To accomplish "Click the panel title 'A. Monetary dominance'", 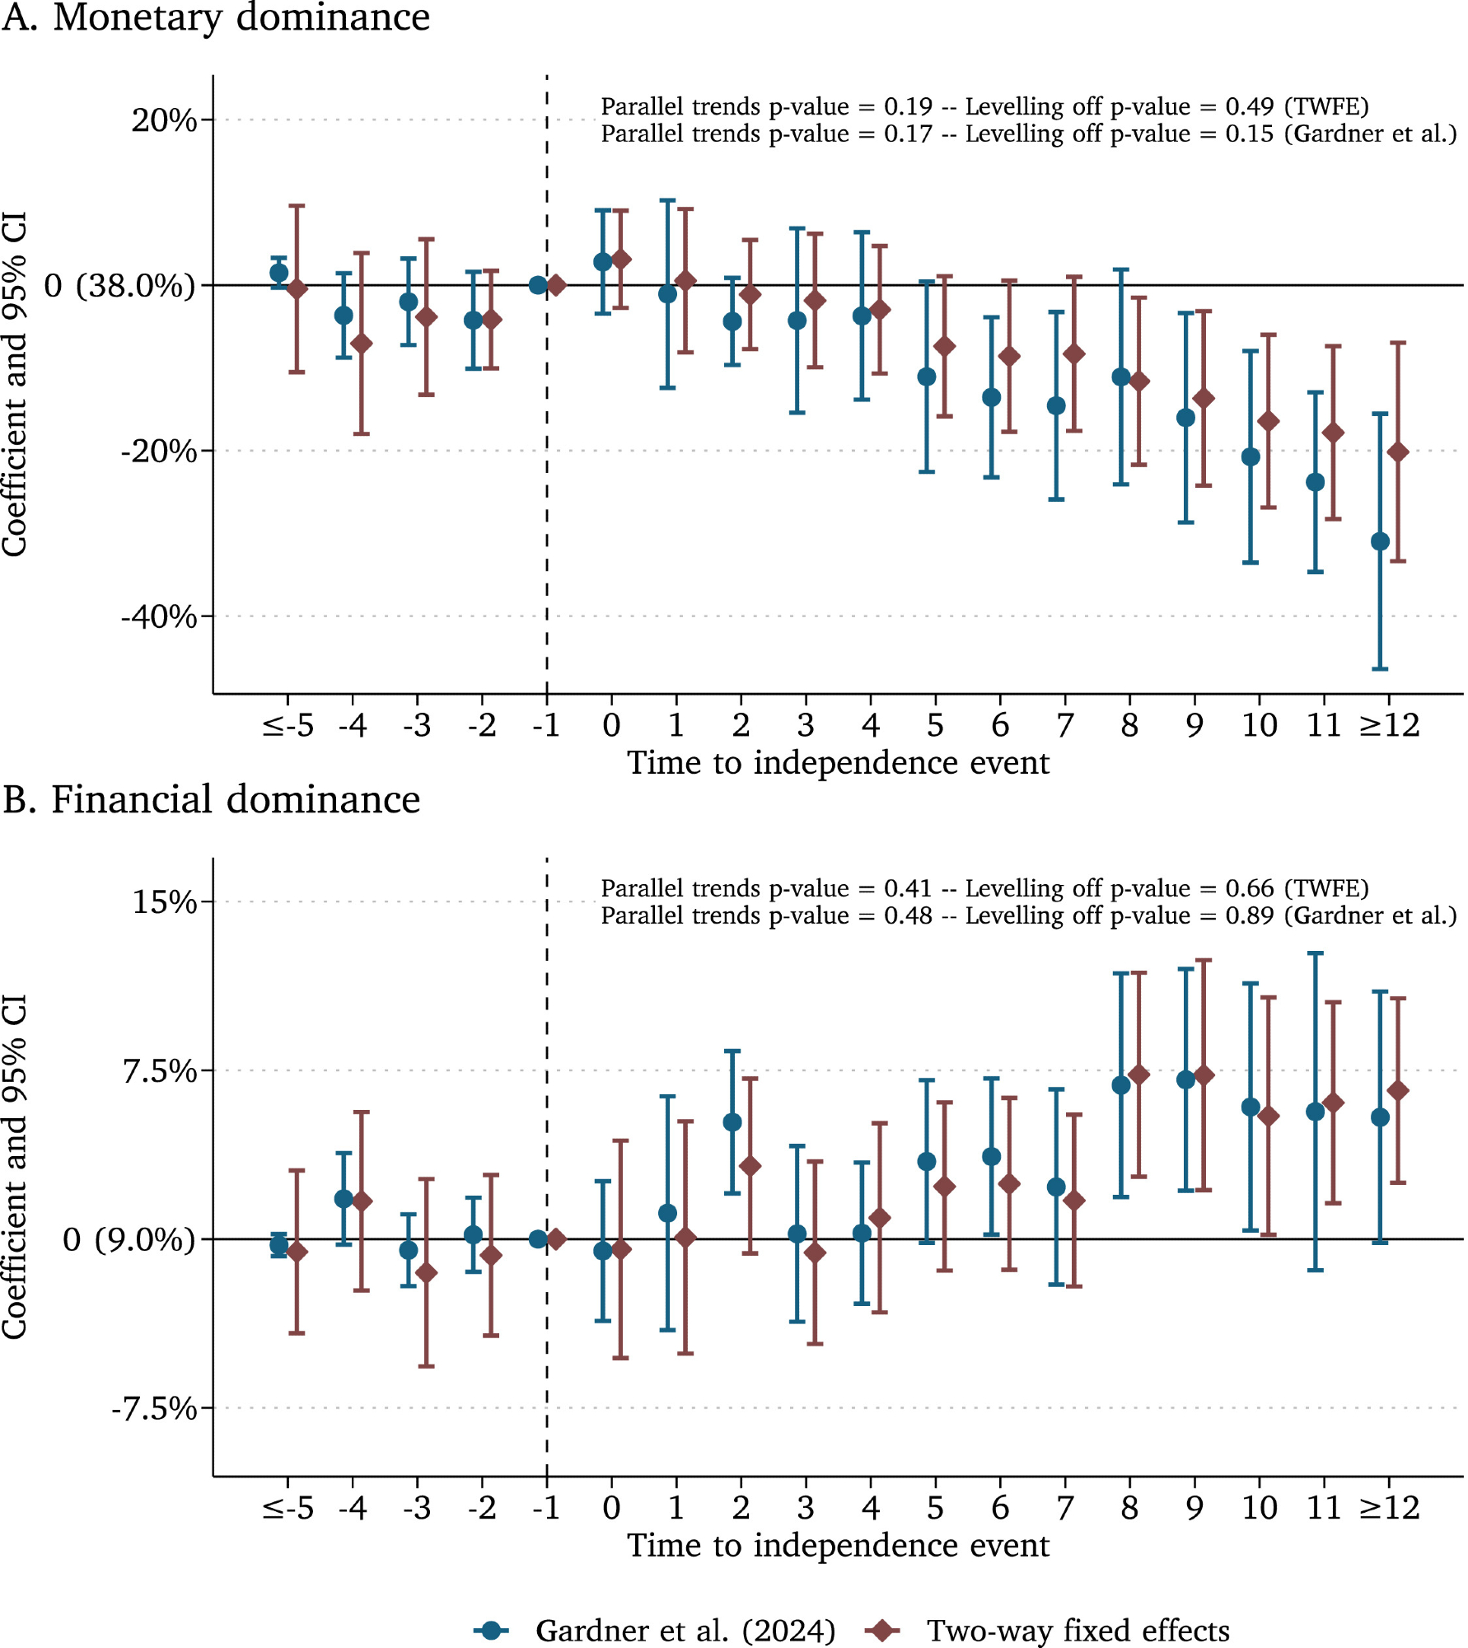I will (x=216, y=18).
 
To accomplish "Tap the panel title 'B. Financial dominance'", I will (x=211, y=800).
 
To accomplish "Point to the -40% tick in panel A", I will (x=159, y=616).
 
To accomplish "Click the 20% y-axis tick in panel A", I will (x=164, y=120).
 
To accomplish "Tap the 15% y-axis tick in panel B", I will (x=164, y=902).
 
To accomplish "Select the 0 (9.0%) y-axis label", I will (x=129, y=1239).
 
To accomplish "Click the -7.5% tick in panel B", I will (x=154, y=1409).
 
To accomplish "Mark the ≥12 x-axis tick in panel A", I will (x=1389, y=726).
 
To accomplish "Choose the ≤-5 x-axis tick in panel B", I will (x=288, y=1508).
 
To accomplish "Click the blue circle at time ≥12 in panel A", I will (x=1380, y=541).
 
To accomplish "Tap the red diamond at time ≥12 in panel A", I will (x=1398, y=452).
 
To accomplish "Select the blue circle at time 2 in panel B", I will (x=732, y=1122).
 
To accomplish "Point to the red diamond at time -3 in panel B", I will (x=426, y=1273).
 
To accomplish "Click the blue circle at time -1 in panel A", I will (x=538, y=285).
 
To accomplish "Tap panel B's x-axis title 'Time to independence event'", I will (x=838, y=1546).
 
